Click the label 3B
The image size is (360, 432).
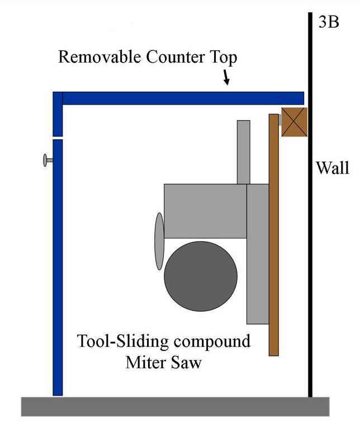click(328, 22)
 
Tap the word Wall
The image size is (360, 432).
click(332, 168)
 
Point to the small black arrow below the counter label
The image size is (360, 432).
click(226, 79)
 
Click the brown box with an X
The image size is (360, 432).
click(293, 121)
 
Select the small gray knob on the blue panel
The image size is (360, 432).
click(46, 161)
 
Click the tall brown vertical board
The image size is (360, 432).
click(273, 235)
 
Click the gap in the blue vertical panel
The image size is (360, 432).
click(57, 138)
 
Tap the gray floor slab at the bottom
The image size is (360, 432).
click(175, 406)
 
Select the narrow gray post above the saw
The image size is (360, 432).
click(243, 152)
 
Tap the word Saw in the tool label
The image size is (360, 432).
click(185, 362)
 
